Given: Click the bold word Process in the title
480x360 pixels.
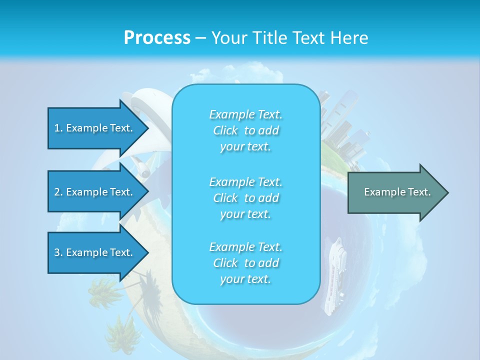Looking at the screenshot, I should click(157, 38).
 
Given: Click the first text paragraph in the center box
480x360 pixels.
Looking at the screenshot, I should click(245, 130).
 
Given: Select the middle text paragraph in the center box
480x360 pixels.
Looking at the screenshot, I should click(245, 198).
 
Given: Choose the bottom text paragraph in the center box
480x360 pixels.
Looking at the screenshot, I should click(245, 263).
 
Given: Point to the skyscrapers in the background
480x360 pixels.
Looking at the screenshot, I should click(345, 130).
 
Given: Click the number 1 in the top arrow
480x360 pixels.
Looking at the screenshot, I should click(57, 128).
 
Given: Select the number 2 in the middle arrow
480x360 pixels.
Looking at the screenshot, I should click(57, 192).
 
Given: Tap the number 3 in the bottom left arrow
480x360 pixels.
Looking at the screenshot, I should click(57, 252).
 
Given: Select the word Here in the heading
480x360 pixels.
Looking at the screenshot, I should click(349, 38).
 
